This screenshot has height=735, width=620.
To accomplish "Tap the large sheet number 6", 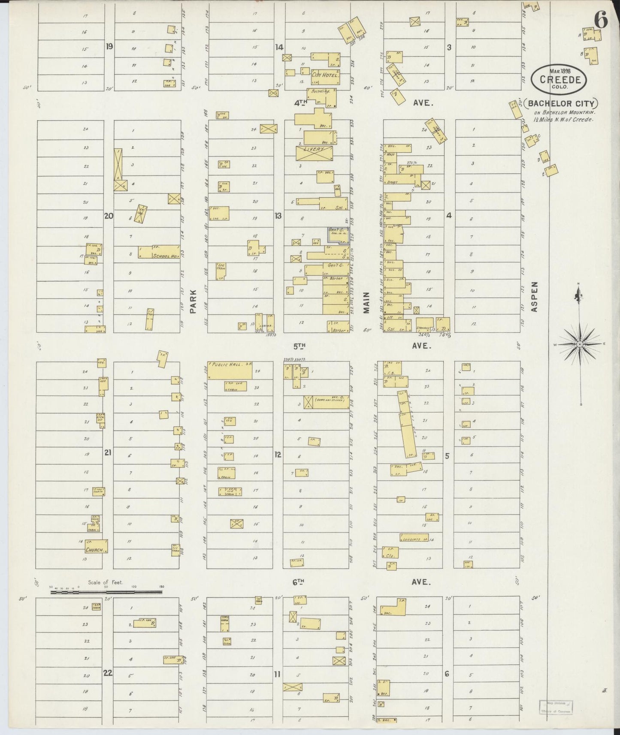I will pyautogui.click(x=601, y=20).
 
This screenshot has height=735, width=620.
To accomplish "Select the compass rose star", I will pyautogui.click(x=580, y=344).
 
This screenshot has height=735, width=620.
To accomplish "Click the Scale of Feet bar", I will pyautogui.click(x=106, y=592).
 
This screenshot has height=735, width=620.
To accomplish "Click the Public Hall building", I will pyautogui.click(x=230, y=370).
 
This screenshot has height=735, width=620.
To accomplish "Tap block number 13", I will pyautogui.click(x=278, y=216).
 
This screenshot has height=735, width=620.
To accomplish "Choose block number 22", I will pyautogui.click(x=107, y=672).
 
